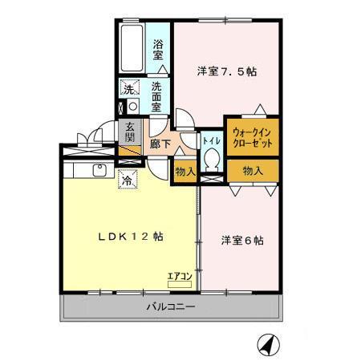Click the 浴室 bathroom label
[x=158, y=50]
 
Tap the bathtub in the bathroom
[x=131, y=49]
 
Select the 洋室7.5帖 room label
[x=227, y=71]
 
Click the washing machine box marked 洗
[x=128, y=89]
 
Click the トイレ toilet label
[x=211, y=140]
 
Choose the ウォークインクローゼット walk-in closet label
[x=251, y=136]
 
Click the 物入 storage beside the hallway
[x=185, y=171]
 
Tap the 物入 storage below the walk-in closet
[x=252, y=170]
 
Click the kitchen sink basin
[x=100, y=169]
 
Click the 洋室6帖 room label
[x=243, y=240]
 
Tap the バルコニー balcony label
[x=170, y=306]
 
